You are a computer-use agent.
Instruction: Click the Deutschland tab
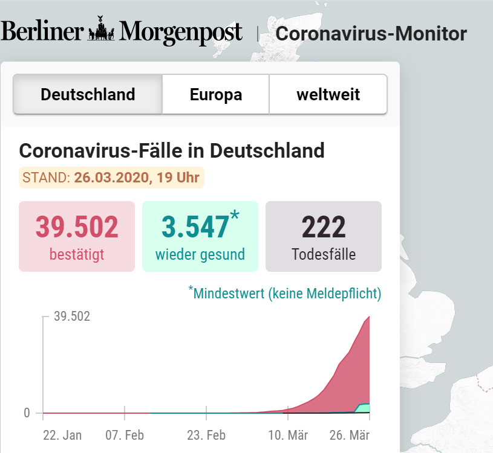point(88,95)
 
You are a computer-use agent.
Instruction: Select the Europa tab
point(216,95)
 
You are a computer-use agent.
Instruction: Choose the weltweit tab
point(328,95)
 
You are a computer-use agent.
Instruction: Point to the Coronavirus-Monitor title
point(371,33)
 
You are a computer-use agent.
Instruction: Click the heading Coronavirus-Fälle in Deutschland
point(172,150)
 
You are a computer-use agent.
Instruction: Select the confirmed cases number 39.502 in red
point(77,228)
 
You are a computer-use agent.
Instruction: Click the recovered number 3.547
point(195,228)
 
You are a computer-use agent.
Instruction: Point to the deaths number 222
point(324,228)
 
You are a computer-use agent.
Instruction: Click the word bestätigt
point(77,254)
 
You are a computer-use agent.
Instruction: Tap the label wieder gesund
point(200,254)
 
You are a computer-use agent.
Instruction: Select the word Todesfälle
point(324,254)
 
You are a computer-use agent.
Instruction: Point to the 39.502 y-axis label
point(72,316)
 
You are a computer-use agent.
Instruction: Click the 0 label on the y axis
point(27,413)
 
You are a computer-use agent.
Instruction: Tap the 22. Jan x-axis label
point(62,435)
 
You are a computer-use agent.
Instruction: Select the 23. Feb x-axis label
point(206,435)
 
